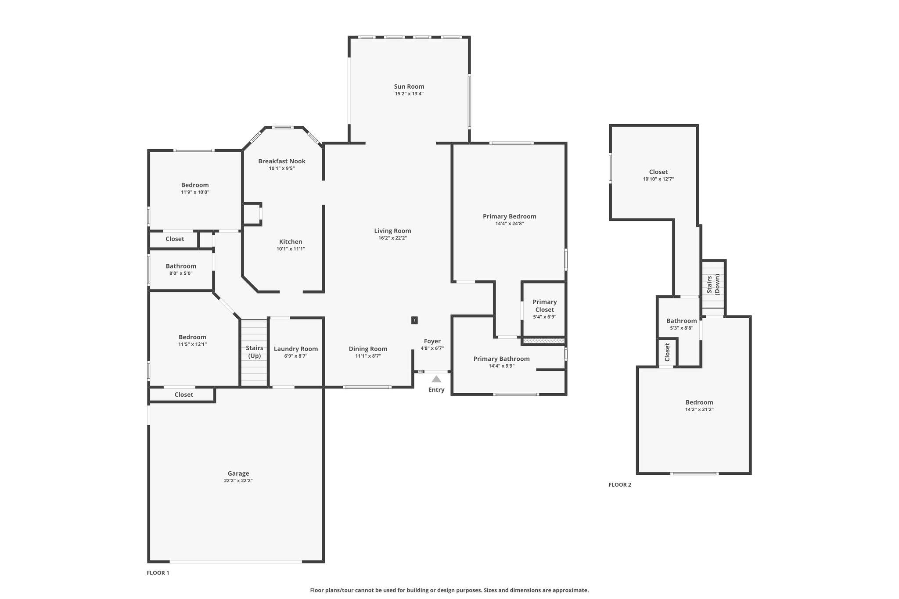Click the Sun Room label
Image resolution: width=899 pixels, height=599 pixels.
click(409, 86)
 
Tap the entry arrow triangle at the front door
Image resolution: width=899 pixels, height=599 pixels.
click(436, 379)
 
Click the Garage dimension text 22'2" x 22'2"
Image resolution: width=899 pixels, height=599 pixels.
click(238, 481)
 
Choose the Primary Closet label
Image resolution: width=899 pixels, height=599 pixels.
click(544, 305)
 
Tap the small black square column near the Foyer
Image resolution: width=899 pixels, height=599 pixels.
click(414, 320)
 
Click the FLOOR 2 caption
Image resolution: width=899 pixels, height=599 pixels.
click(619, 484)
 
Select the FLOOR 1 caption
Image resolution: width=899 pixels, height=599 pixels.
click(158, 573)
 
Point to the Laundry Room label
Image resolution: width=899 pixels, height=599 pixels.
click(295, 349)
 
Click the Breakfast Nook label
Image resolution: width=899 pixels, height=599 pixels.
click(281, 161)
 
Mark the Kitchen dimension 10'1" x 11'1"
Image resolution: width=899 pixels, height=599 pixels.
click(290, 249)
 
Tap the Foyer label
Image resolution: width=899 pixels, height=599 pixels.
click(432, 341)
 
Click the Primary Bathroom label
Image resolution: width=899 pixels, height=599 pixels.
click(501, 359)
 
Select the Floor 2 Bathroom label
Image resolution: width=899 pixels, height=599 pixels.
click(681, 321)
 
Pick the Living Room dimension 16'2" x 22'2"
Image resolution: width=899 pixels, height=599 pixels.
click(392, 238)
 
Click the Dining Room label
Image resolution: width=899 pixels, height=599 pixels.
click(368, 349)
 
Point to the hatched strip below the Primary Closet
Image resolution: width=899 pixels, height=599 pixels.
click(543, 341)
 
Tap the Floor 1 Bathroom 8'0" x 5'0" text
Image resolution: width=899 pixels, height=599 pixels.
click(181, 273)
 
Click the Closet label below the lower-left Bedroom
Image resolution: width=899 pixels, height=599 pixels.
click(183, 395)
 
